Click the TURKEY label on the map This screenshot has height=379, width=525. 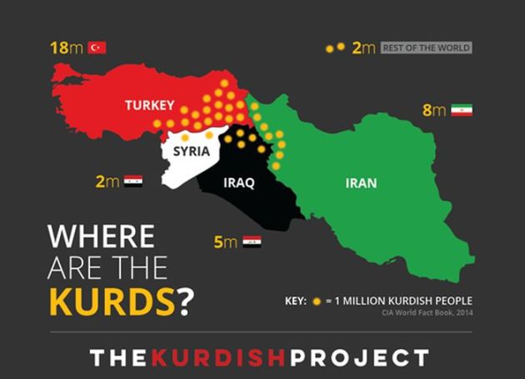click(149, 106)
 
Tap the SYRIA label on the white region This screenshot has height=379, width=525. click(191, 152)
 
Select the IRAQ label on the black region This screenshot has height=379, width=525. click(238, 182)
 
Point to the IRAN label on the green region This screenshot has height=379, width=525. click(361, 182)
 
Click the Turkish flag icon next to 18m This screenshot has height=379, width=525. click(97, 47)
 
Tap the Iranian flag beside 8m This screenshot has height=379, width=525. click(462, 110)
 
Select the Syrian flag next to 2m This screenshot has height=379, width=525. click(133, 181)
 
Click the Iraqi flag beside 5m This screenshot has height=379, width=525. click(252, 242)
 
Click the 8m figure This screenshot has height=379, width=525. click(433, 110)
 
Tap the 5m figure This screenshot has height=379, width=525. click(225, 242)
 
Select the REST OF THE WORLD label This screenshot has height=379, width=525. click(426, 47)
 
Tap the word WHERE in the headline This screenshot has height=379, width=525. click(101, 237)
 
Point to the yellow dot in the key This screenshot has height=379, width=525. click(317, 301)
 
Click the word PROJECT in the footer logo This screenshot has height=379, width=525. click(361, 358)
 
